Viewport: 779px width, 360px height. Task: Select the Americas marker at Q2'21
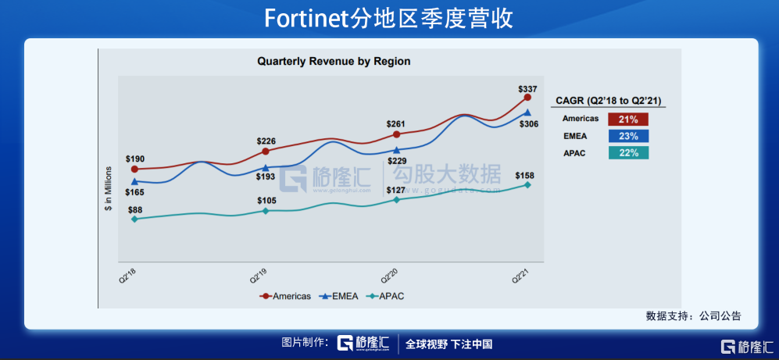tap(527, 98)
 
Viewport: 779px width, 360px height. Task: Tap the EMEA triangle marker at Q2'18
tap(134, 182)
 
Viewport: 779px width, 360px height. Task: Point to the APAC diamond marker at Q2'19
tap(266, 211)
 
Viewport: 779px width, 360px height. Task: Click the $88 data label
tap(134, 209)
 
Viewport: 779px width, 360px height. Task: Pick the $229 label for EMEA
tap(397, 161)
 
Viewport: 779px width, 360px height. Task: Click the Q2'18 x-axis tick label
tap(127, 275)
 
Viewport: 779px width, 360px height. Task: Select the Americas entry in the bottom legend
tap(286, 296)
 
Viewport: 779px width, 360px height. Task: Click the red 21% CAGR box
tap(627, 119)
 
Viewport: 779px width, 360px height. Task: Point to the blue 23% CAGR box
tap(627, 137)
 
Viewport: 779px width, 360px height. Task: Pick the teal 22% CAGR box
tap(627, 153)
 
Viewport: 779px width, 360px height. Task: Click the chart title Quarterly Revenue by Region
tap(334, 61)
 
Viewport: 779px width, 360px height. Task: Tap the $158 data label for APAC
tap(525, 176)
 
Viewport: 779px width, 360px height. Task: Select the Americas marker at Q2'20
tap(397, 134)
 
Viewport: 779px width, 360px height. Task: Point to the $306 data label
tap(529, 125)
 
